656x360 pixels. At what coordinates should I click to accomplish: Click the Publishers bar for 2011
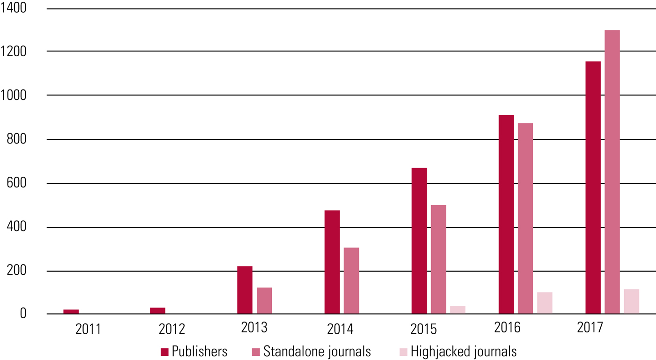point(71,312)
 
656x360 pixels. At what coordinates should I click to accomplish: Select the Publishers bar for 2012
point(157,311)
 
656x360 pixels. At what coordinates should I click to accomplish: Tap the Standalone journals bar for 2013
point(264,300)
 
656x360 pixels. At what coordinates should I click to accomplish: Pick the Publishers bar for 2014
point(332,262)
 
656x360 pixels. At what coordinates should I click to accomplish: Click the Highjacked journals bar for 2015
point(458,310)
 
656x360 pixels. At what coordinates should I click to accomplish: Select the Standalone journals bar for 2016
point(525,218)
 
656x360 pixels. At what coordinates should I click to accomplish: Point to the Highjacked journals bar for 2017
point(631,301)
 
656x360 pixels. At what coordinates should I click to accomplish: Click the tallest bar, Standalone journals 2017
point(612,172)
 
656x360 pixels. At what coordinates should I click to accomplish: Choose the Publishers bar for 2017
point(593,187)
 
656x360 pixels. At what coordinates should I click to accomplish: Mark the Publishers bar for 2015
point(419,241)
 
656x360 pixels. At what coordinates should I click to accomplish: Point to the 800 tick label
point(17,140)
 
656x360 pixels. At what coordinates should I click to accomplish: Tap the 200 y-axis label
point(17,271)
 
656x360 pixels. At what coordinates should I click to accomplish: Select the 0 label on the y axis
point(23,314)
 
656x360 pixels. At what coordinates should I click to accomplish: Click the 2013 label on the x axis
point(254,327)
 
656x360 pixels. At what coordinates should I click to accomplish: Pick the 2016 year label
point(507,327)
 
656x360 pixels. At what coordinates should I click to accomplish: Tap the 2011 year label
point(88,329)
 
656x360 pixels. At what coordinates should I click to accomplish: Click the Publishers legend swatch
point(164,352)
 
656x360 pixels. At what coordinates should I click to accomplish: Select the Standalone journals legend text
point(317,352)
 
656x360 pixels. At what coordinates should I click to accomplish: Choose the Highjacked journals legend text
point(463,352)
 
